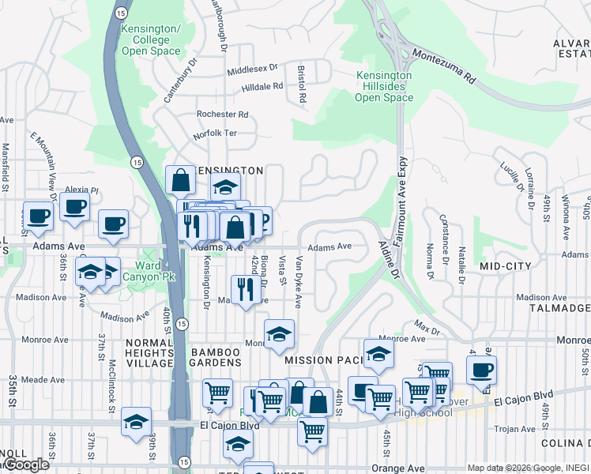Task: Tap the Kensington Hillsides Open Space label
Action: point(383,87)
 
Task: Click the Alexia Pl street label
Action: point(81,190)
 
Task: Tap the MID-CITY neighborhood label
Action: point(506,267)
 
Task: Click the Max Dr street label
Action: point(427,328)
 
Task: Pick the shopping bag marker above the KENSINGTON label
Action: point(181,181)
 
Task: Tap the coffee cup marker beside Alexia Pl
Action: point(74,208)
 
